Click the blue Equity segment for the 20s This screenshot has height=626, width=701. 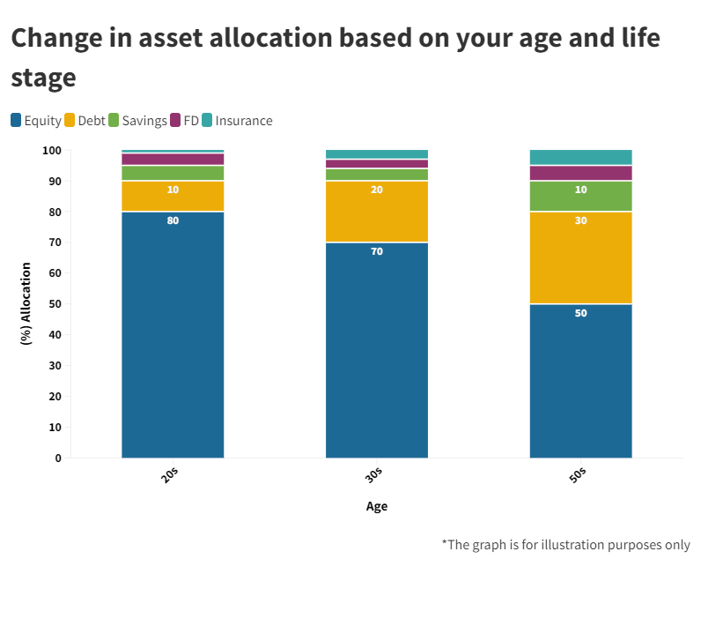[173, 335]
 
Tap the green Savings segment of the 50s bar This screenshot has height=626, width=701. [580, 196]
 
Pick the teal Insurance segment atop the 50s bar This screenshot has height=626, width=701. [580, 157]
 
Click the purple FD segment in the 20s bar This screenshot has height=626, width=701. [173, 160]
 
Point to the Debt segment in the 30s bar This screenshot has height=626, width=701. [377, 212]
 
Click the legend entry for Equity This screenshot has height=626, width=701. [36, 121]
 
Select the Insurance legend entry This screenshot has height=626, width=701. [237, 121]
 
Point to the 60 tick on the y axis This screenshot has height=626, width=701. [55, 273]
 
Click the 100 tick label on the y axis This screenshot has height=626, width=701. [52, 151]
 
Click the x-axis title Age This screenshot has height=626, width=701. [376, 506]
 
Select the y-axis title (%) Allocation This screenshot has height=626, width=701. [26, 304]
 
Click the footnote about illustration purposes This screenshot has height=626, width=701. [565, 544]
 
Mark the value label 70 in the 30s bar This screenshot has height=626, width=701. [377, 251]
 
